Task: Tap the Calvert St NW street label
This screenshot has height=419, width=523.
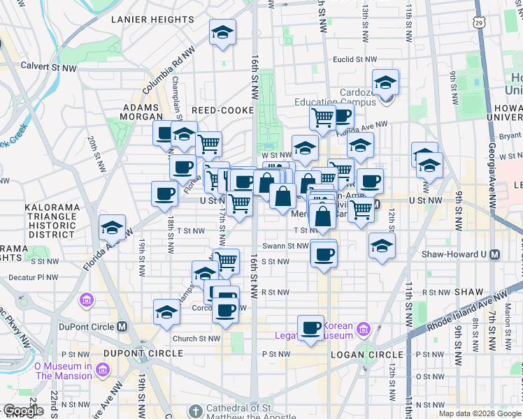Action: [49, 68]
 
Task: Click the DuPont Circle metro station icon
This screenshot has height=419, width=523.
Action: [122, 326]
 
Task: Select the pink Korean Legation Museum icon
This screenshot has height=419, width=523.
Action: [362, 329]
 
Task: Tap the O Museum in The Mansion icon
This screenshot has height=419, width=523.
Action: [103, 369]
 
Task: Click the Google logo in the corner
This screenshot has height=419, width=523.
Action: [23, 411]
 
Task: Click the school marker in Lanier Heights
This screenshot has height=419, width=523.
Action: [222, 32]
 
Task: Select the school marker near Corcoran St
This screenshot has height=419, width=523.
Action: [167, 311]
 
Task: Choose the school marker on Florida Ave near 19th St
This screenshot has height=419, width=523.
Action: [112, 228]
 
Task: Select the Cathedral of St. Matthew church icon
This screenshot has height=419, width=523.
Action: [194, 410]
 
